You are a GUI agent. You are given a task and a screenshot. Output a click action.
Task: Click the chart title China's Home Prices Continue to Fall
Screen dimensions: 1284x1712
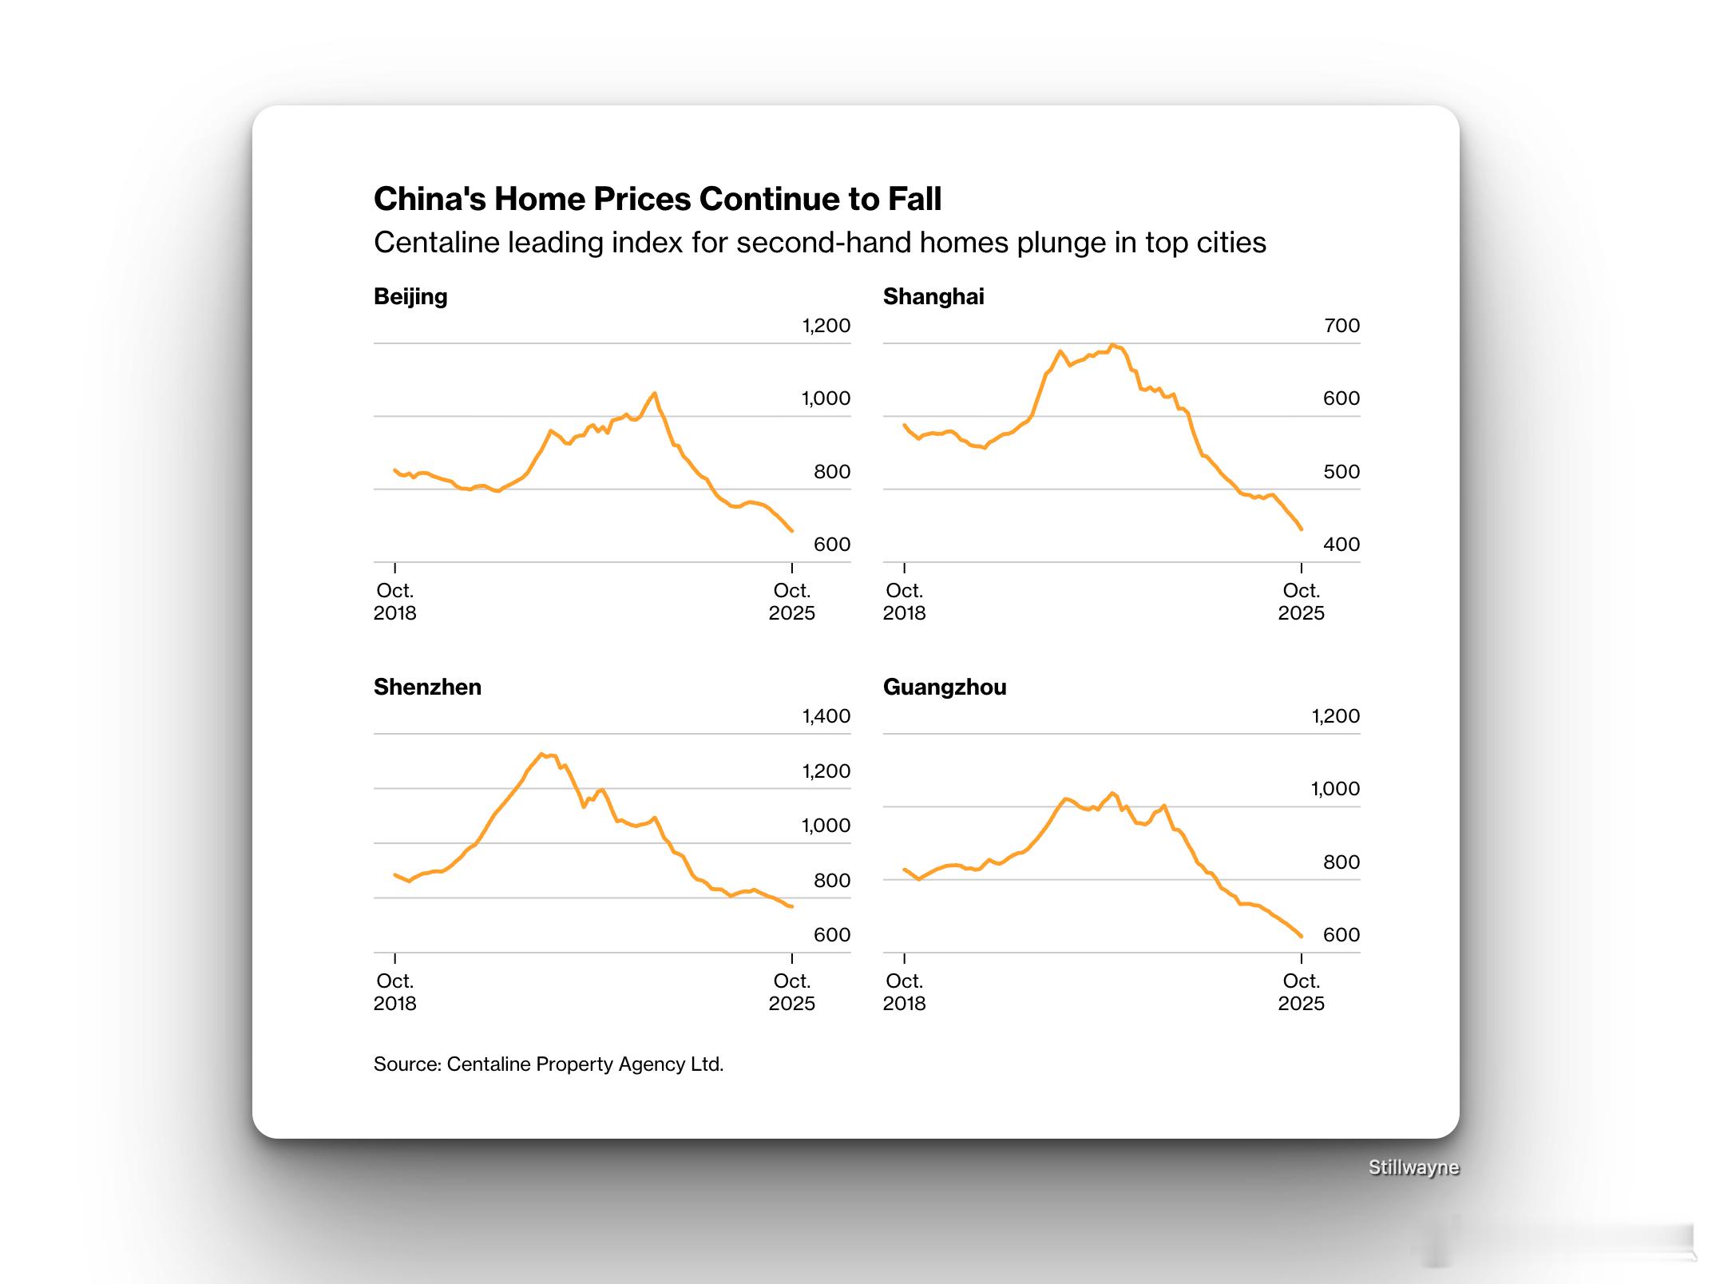(x=657, y=199)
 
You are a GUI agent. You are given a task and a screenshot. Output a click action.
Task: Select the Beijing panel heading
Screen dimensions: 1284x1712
(x=410, y=297)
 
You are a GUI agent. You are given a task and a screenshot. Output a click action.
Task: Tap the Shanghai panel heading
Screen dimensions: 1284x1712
(x=933, y=297)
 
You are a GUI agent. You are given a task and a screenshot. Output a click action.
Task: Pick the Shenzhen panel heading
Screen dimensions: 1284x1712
(x=427, y=688)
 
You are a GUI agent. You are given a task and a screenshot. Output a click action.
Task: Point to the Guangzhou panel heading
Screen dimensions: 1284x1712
(x=944, y=688)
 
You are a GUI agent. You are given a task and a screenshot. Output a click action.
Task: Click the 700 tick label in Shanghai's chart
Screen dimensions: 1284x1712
(x=1341, y=326)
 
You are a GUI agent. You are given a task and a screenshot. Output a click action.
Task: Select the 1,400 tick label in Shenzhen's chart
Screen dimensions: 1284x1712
(x=826, y=716)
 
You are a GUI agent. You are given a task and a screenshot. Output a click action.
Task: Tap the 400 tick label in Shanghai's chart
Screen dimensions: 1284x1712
(x=1341, y=545)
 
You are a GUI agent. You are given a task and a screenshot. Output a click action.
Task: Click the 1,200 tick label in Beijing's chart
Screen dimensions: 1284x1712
(x=826, y=326)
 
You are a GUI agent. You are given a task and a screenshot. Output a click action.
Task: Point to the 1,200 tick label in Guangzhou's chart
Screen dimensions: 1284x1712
(x=1335, y=716)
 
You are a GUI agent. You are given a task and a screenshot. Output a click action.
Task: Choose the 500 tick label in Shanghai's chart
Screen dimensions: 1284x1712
(x=1341, y=472)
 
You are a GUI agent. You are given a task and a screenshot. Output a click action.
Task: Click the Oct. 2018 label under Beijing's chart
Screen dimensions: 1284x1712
(x=394, y=602)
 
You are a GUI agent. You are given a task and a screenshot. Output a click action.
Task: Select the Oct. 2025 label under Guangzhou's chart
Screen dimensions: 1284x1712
(x=1301, y=993)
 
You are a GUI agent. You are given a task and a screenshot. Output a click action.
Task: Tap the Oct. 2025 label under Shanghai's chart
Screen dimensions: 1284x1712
(x=1301, y=602)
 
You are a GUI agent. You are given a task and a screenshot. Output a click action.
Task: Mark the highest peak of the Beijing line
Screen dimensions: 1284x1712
(x=655, y=393)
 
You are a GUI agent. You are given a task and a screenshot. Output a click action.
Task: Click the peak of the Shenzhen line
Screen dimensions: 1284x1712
(x=541, y=754)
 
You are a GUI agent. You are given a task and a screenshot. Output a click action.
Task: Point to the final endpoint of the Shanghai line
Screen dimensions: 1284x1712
(x=1302, y=529)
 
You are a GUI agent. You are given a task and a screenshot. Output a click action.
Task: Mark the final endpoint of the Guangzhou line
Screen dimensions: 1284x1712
(x=1302, y=936)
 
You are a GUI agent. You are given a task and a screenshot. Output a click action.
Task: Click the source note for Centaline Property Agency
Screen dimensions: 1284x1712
(x=548, y=1064)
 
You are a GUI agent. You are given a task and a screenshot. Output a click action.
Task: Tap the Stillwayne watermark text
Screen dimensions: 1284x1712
(x=1413, y=1167)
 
